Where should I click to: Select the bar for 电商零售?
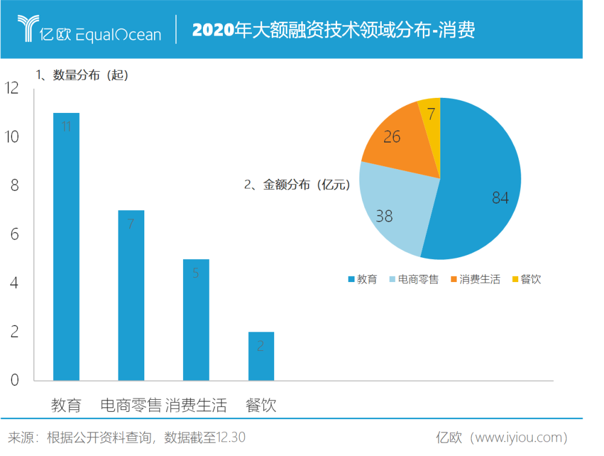coord(131,295)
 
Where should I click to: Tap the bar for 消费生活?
coord(196,320)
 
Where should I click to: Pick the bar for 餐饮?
coord(261,356)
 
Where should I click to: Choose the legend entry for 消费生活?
coord(475,279)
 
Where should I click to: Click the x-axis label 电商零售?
coord(131,405)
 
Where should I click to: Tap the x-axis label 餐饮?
coord(261,405)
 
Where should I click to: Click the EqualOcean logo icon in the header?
coord(27,28)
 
